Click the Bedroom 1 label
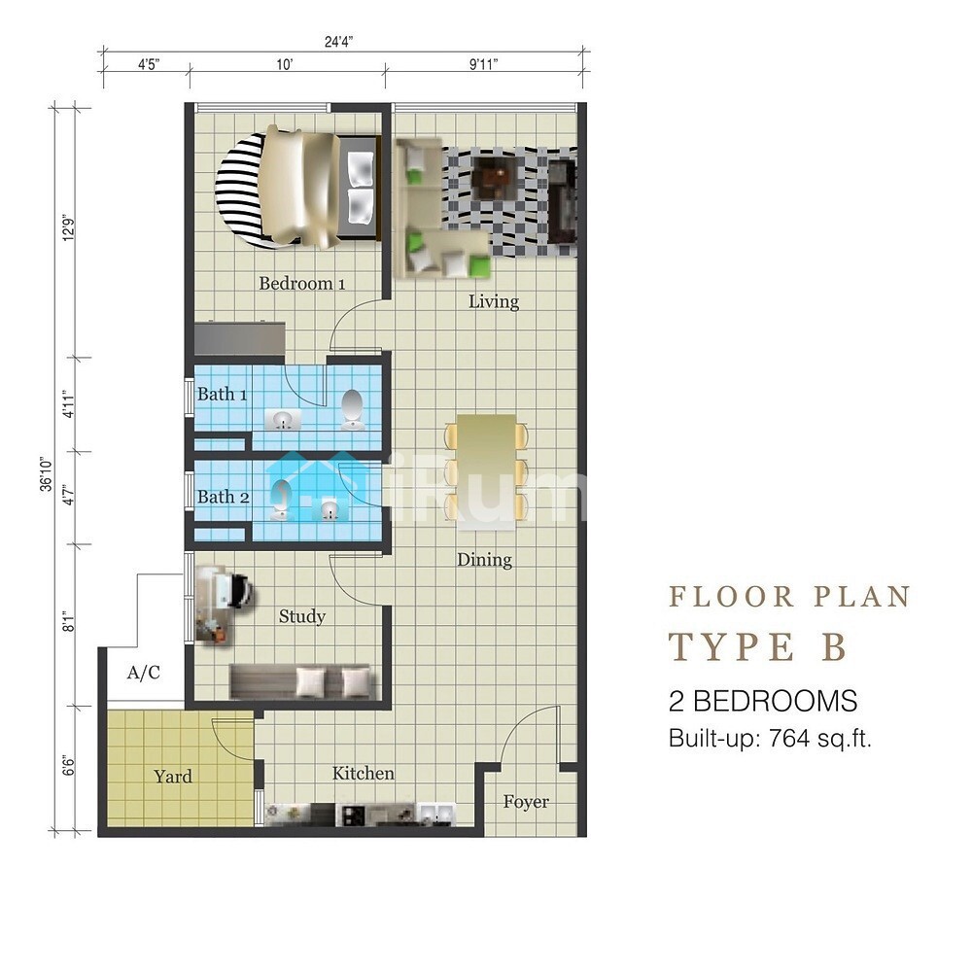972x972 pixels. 302,283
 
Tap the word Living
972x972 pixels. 494,302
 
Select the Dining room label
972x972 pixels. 484,560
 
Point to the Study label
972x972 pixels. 302,617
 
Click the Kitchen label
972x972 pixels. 364,773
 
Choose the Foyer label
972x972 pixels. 526,802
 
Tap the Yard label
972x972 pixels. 173,777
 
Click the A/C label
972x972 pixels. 143,672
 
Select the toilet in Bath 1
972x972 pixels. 352,410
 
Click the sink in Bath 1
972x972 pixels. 283,420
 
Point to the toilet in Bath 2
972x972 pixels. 280,500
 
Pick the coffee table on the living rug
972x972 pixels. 494,178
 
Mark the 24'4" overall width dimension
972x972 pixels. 339,42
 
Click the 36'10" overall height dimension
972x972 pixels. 47,475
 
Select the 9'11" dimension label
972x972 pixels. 483,64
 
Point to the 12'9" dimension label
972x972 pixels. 69,227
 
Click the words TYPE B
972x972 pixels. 757,646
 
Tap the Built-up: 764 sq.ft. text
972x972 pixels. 770,739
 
